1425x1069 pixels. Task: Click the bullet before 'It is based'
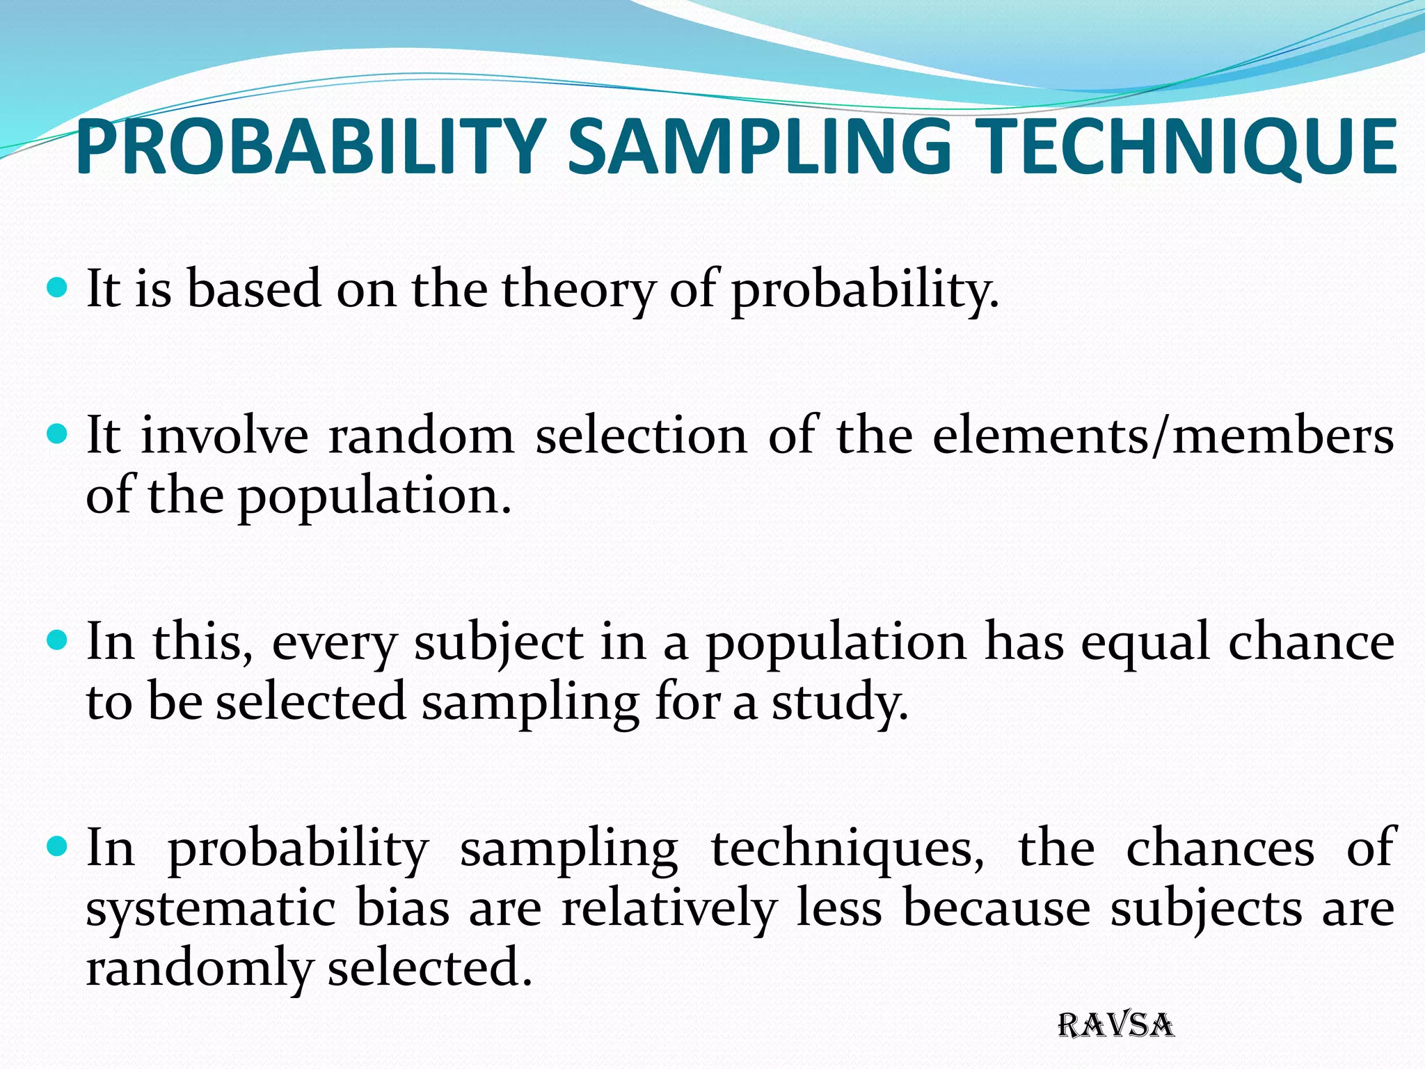[x=58, y=286]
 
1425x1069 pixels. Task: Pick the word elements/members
[x=1163, y=436]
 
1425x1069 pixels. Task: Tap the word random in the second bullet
[x=421, y=436]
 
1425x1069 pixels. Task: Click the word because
[x=996, y=909]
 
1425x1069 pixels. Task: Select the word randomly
[x=199, y=969]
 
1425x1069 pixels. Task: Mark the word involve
[x=225, y=436]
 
